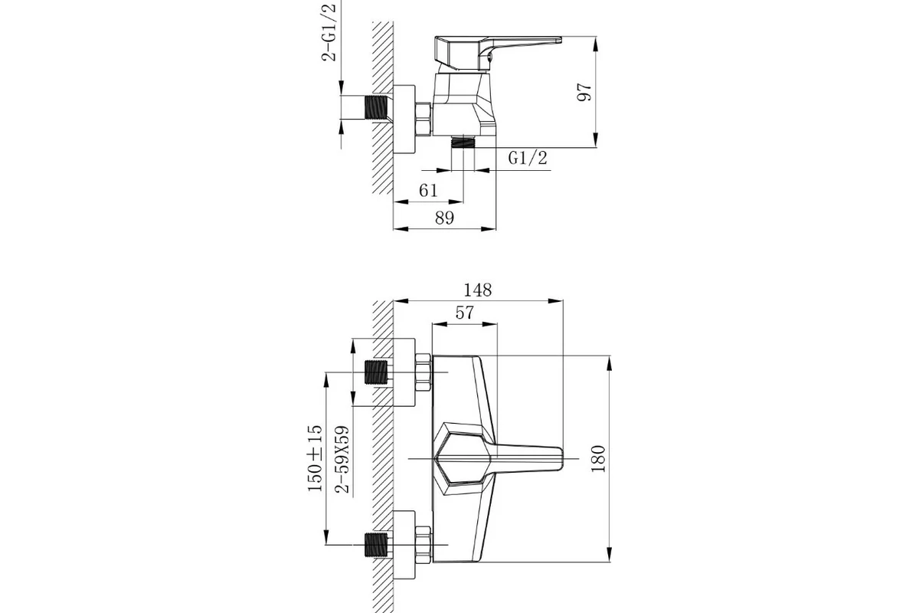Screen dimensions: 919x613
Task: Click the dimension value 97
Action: (584, 93)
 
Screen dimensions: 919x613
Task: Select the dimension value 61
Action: (428, 191)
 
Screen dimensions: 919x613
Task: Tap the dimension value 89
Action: (445, 218)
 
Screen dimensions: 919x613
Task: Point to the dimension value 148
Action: (478, 290)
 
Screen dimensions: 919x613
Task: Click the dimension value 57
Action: (464, 313)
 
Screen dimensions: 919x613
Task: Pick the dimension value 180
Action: (598, 459)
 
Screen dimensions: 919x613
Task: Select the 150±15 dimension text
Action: (315, 458)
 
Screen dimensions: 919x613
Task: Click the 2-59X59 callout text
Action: (342, 459)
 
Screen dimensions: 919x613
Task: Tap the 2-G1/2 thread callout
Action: (329, 32)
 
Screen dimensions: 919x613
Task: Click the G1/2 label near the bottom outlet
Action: (528, 158)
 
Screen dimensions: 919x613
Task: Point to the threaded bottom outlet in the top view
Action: (463, 142)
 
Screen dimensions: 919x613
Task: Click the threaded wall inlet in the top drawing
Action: (376, 107)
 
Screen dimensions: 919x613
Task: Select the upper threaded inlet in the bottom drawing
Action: (376, 372)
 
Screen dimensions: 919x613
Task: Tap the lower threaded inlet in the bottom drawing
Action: (376, 545)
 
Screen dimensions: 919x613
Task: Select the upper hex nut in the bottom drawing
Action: (424, 372)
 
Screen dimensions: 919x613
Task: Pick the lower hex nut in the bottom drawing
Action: (424, 545)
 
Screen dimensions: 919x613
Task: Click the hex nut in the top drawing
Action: (424, 119)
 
